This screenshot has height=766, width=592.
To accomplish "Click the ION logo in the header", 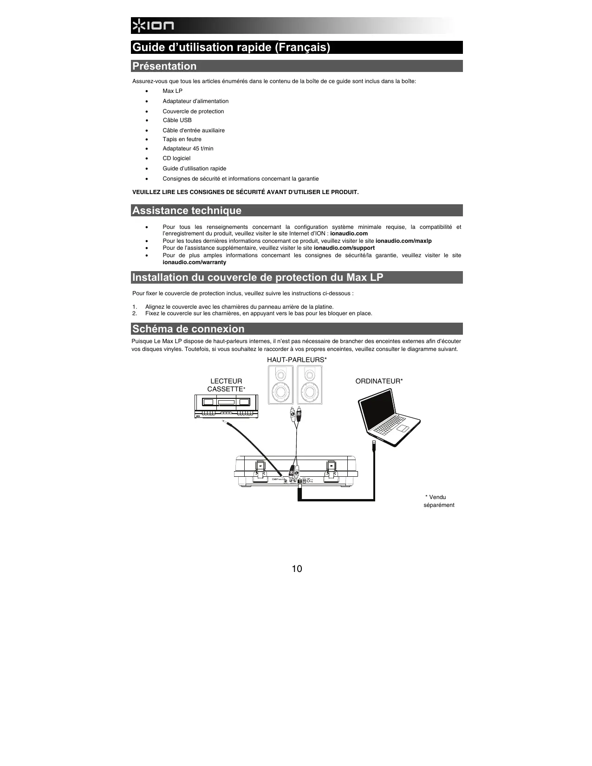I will pyautogui.click(x=152, y=26).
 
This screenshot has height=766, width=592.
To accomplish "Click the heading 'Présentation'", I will pyautogui.click(x=164, y=66).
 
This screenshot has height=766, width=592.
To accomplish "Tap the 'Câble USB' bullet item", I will pyautogui.click(x=177, y=120).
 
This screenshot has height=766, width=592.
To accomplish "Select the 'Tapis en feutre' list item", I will pyautogui.click(x=182, y=139).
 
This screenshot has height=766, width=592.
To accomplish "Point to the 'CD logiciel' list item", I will pyautogui.click(x=176, y=158).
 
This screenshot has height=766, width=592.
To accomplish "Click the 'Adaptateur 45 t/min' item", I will pyautogui.click(x=188, y=149).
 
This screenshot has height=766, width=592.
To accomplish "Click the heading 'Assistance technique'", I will pyautogui.click(x=187, y=210).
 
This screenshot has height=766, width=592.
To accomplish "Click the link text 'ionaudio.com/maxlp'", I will pyautogui.click(x=403, y=241).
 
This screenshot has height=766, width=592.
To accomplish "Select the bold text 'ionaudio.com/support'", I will pyautogui.click(x=344, y=248).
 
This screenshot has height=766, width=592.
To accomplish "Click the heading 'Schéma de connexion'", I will pyautogui.click(x=188, y=329).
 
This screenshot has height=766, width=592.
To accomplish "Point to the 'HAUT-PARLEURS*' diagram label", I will pyautogui.click(x=297, y=360).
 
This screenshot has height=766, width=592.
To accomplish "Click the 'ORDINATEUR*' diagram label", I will pyautogui.click(x=379, y=381).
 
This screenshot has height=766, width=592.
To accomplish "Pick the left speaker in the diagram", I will pyautogui.click(x=280, y=385).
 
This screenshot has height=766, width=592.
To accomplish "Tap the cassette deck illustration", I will pyautogui.click(x=226, y=406).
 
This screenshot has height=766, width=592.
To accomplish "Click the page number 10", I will pyautogui.click(x=297, y=569).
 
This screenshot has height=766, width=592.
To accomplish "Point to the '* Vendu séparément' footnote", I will pyautogui.click(x=438, y=501).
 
